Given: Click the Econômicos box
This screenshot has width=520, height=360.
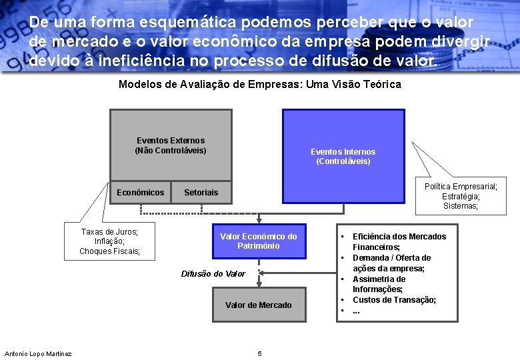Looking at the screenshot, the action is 140,193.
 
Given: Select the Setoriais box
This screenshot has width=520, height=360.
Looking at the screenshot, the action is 201,193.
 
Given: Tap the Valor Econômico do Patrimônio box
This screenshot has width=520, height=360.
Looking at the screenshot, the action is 259,241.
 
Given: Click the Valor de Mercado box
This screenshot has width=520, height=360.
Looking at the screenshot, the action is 259,305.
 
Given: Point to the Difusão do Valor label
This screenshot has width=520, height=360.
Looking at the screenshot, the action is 213,273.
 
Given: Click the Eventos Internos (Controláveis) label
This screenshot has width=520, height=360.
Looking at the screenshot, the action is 343,157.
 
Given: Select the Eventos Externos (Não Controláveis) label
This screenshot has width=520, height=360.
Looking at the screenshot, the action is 171,145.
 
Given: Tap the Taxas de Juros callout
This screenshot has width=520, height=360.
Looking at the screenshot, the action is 109,241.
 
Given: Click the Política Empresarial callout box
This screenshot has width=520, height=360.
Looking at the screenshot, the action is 461,196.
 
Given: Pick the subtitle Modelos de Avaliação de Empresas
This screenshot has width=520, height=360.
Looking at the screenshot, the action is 259,84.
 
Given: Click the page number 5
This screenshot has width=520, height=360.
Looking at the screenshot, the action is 259,353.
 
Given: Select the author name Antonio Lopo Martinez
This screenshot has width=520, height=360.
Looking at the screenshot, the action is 38,353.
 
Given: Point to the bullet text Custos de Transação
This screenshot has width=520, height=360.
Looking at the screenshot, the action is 394,300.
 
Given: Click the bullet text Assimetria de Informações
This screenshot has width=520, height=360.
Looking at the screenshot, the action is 379,284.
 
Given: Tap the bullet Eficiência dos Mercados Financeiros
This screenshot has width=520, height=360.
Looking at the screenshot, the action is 399,241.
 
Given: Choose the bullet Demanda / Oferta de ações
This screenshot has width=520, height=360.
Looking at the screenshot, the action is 391,263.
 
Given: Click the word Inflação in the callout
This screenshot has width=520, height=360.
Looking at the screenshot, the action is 109,241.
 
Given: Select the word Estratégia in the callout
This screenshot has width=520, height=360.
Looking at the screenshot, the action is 461,196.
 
